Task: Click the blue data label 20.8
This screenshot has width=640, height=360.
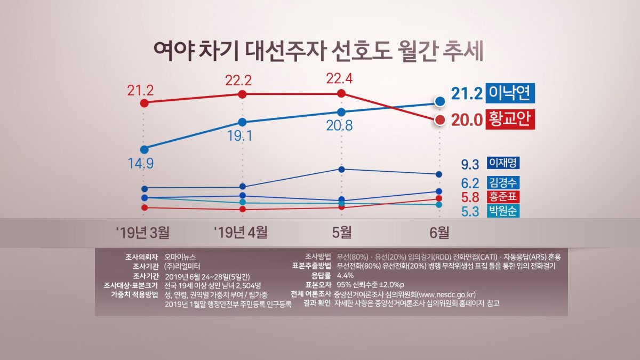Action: [x=341, y=126]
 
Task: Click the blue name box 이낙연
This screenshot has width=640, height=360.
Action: [x=510, y=93]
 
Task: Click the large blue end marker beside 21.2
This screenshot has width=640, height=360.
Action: [x=440, y=101]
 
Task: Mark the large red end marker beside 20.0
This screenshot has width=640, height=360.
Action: [x=440, y=120]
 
